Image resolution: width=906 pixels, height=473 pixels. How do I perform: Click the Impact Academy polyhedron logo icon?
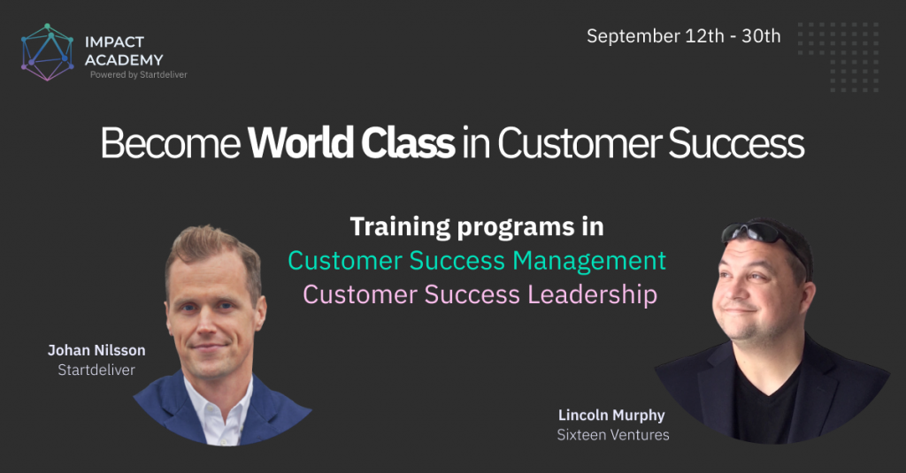point(48,52)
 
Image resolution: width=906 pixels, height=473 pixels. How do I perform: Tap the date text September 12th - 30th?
point(684,36)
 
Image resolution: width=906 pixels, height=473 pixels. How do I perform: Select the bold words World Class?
point(351,142)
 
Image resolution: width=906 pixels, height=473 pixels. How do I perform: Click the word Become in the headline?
point(171,142)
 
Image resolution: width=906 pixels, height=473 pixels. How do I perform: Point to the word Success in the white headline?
point(736,142)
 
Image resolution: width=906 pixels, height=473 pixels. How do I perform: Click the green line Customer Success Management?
point(477,261)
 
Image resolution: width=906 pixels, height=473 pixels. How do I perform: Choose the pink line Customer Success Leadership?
point(480,294)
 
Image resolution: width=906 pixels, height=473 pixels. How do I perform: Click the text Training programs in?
point(477,227)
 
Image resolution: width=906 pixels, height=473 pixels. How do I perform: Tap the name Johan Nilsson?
point(96,351)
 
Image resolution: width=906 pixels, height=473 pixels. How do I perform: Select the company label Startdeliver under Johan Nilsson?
point(96,370)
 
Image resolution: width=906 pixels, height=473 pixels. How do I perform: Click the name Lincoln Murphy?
point(611,416)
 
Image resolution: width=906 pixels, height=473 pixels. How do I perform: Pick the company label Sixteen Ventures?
point(613,435)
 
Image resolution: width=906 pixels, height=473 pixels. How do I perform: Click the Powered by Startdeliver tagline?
point(139,74)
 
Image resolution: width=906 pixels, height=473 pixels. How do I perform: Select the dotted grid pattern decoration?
point(839,57)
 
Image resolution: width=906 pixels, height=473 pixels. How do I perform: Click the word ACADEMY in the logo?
point(124,60)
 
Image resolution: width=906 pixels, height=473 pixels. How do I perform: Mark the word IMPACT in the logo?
point(114,42)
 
